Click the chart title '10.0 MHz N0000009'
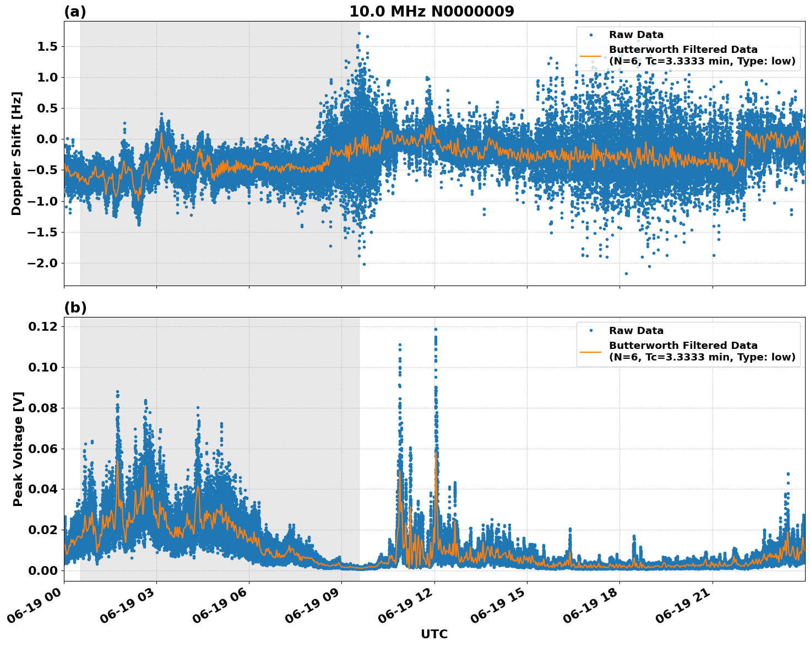pos(432,12)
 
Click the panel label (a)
pos(75,12)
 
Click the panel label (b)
pos(75,308)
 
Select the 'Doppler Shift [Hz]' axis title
pos(17,153)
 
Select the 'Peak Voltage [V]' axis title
pos(18,449)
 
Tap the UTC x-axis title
pos(434,634)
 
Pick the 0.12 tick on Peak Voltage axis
pos(42,326)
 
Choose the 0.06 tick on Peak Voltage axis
pos(42,449)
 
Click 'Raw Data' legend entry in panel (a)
pos(636,35)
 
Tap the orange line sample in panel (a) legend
pos(590,56)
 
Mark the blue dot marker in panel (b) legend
pos(591,331)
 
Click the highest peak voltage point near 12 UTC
pos(436,329)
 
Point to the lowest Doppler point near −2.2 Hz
pos(626,273)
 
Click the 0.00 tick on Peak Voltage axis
pos(42,570)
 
